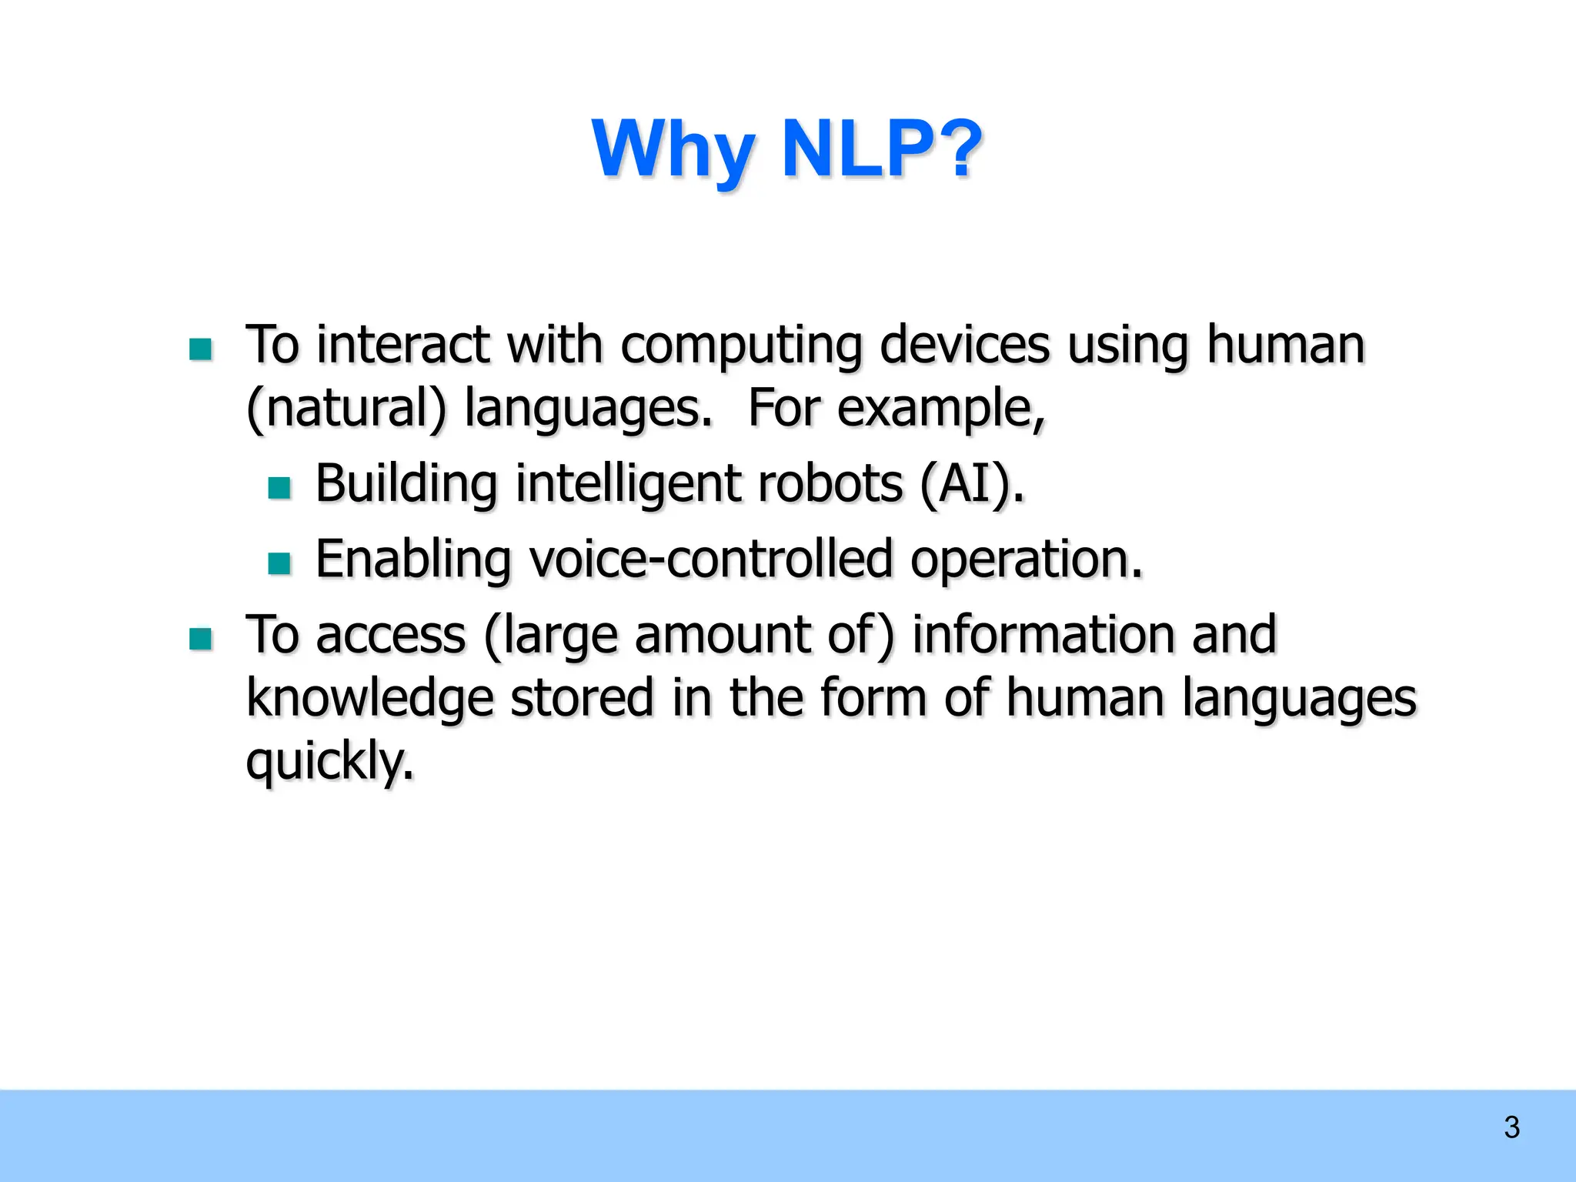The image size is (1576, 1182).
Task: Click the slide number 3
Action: pos(1511,1127)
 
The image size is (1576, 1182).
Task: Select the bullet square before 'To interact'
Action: pos(201,349)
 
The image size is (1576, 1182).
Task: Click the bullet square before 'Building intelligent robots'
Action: pos(279,488)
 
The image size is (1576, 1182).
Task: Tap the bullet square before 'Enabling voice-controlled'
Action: pos(279,563)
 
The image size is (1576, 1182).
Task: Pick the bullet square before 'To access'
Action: pos(201,639)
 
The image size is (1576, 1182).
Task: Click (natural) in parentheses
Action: pos(346,409)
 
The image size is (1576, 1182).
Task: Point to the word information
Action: pos(1043,635)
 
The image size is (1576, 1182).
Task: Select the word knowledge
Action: pos(369,700)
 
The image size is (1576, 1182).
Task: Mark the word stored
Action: pos(582,698)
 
